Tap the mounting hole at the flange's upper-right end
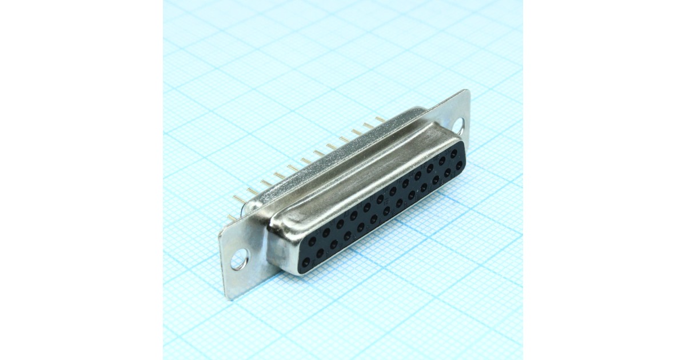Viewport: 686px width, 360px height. (x=459, y=126)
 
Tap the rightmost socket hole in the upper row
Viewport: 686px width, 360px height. (x=454, y=154)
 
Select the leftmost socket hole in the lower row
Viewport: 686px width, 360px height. (x=306, y=262)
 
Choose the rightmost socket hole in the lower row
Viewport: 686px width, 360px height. (x=459, y=165)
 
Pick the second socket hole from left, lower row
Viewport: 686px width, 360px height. (x=320, y=253)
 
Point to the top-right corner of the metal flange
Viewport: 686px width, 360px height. (x=467, y=90)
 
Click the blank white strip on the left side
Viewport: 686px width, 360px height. (x=80, y=180)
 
